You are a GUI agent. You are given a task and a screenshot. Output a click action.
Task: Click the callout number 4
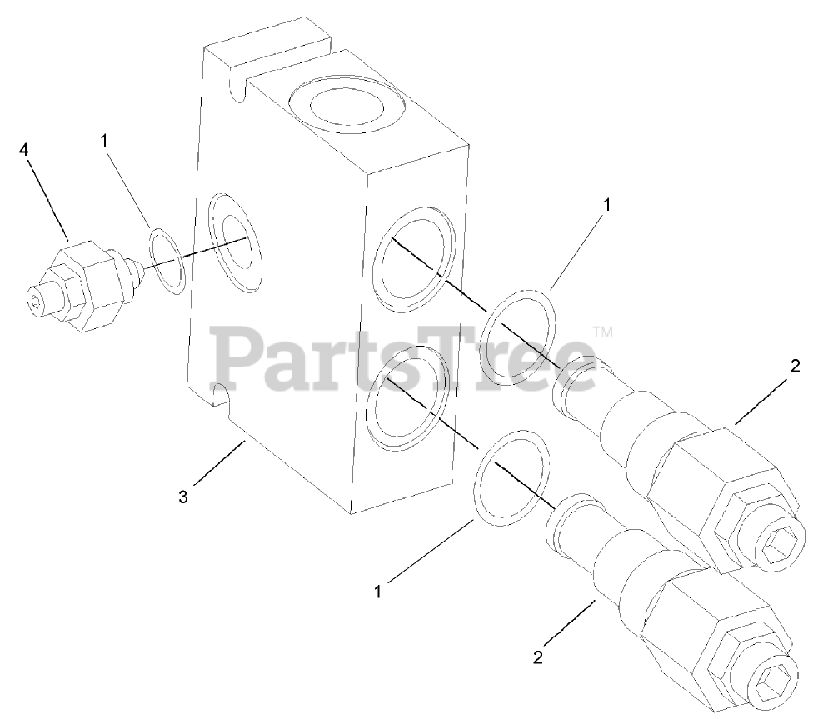pyautogui.click(x=24, y=150)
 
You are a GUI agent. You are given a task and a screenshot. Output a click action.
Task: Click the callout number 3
pyautogui.click(x=183, y=497)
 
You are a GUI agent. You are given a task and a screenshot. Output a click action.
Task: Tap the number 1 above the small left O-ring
pyautogui.click(x=104, y=142)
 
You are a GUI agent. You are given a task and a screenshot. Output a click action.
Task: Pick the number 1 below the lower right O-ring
pyautogui.click(x=379, y=592)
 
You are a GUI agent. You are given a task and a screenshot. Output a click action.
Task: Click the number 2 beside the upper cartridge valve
pyautogui.click(x=795, y=366)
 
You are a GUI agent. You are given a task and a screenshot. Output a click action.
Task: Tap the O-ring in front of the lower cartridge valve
pyautogui.click(x=513, y=478)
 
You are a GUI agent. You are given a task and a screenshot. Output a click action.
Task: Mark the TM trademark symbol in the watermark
pyautogui.click(x=603, y=332)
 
